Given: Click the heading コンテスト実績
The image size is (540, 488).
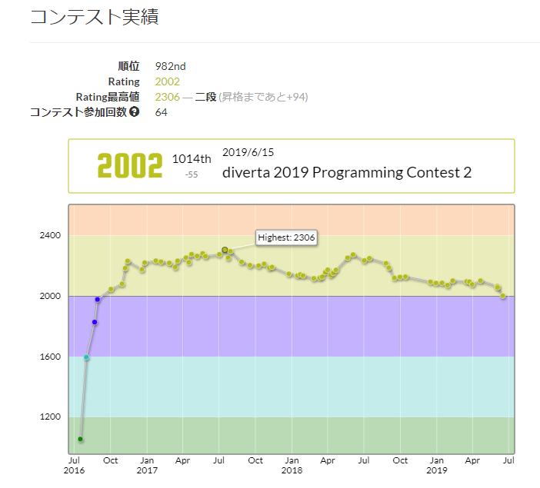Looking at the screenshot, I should click(x=95, y=18).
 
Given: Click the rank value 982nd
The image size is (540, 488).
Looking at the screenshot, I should click(x=170, y=66).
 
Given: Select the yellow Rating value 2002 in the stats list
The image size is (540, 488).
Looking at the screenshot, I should click(x=167, y=81).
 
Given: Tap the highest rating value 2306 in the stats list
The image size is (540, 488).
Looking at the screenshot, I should click(x=167, y=97).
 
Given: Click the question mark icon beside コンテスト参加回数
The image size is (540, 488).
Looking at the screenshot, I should click(x=135, y=112).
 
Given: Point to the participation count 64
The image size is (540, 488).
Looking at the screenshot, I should click(x=161, y=112).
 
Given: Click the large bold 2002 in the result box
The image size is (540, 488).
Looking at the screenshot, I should click(x=130, y=166).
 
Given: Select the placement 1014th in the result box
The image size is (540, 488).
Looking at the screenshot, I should click(x=192, y=159).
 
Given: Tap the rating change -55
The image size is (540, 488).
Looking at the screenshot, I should click(x=192, y=175).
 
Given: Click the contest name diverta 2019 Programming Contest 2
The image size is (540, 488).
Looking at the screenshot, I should click(x=346, y=172).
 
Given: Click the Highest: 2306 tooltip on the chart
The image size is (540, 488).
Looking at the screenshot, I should click(x=287, y=237).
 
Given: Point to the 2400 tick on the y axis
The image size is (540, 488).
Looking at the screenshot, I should click(x=48, y=235).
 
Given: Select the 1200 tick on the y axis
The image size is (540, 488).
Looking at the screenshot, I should click(x=48, y=417).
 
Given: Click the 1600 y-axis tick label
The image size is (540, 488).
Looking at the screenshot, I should click(x=48, y=357).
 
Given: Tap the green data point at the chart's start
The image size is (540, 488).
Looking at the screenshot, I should click(x=80, y=439).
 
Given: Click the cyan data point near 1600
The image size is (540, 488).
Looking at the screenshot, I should click(x=86, y=358).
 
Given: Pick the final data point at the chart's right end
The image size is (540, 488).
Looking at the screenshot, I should click(x=503, y=296).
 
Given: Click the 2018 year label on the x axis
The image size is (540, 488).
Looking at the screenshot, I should click(x=291, y=470).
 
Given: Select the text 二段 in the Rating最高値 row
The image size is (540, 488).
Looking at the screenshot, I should click(x=205, y=97).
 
